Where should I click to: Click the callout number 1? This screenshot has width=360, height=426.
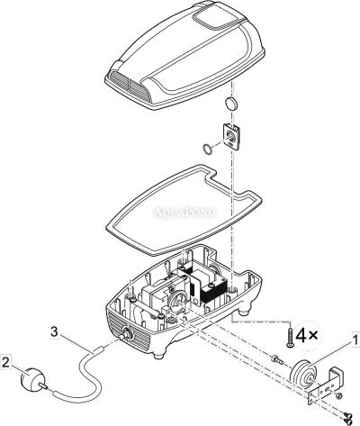(355, 340)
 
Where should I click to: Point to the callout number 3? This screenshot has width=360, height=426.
(54, 332)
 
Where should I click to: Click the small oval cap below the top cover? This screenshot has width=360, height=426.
(232, 104)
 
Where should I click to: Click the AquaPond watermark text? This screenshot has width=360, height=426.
(184, 213)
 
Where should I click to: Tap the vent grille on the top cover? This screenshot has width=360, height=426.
(130, 84)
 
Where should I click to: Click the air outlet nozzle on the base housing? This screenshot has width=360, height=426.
(124, 334)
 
